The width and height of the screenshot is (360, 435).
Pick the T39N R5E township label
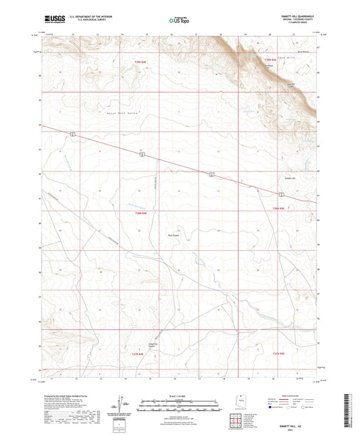point(269,62)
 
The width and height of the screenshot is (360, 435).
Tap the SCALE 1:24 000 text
point(180,396)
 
